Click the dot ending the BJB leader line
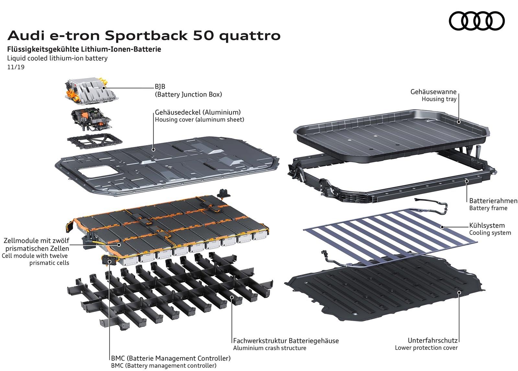[x=104, y=88]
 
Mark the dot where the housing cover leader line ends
[x=153, y=150]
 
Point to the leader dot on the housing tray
[x=459, y=122]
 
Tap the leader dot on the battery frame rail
[x=467, y=181]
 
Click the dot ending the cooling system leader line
[x=442, y=227]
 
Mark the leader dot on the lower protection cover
[x=459, y=293]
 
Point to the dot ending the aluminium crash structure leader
[x=232, y=297]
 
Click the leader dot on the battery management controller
[x=109, y=262]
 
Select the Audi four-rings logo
[x=477, y=21]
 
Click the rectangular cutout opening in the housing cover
[x=98, y=172]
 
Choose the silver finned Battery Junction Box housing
[x=91, y=91]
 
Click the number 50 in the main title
[x=203, y=36]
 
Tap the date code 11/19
[x=16, y=67]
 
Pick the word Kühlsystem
[x=487, y=225]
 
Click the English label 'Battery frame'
[x=488, y=208]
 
